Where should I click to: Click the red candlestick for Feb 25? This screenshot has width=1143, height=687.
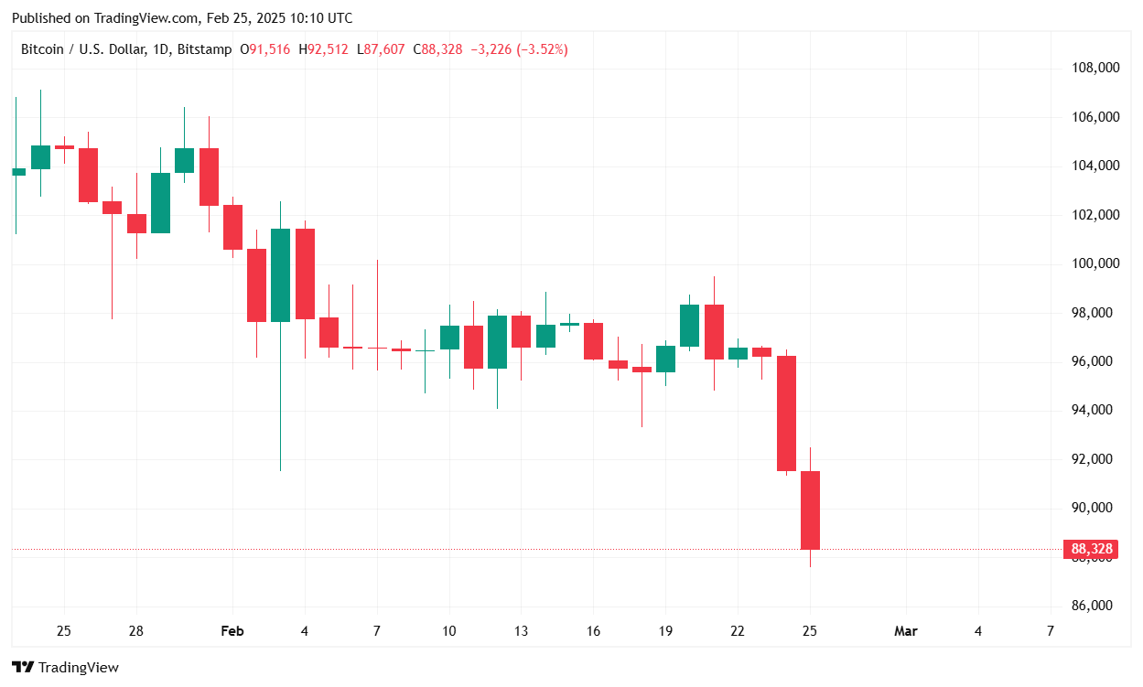810,510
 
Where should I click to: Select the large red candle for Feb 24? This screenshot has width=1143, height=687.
786,413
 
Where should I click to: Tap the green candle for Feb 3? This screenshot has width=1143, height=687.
280,275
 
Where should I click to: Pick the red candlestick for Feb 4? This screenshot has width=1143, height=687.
305,274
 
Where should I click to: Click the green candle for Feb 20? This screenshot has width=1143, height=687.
689,326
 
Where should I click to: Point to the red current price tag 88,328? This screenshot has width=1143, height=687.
1092,550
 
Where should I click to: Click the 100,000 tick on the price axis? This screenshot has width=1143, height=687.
1095,263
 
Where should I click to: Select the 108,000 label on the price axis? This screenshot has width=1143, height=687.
1095,68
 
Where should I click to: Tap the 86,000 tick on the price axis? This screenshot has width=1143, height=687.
1095,606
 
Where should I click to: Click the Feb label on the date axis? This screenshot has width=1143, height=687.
232,631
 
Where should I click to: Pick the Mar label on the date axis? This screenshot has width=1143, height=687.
905,631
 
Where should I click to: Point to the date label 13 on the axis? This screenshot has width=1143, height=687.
521,631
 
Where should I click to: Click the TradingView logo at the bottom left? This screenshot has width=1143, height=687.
65,668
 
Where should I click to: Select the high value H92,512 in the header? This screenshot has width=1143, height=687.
323,49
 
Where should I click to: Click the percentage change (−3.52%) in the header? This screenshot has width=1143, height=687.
543,49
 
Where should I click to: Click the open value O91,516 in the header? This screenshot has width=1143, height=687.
264,49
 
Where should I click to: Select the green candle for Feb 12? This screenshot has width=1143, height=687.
497,342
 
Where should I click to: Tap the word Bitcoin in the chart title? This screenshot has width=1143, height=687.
42,49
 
